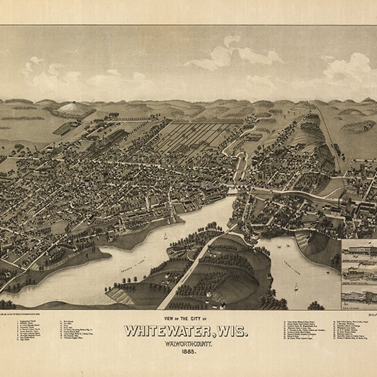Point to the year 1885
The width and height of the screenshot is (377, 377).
point(188,354)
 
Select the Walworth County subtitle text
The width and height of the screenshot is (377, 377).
point(188,344)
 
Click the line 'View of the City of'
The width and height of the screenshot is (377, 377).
point(188,319)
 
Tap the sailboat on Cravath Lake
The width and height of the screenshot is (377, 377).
point(165,236)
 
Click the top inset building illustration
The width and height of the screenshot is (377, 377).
point(358,250)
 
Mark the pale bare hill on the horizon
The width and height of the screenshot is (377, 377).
point(72,107)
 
